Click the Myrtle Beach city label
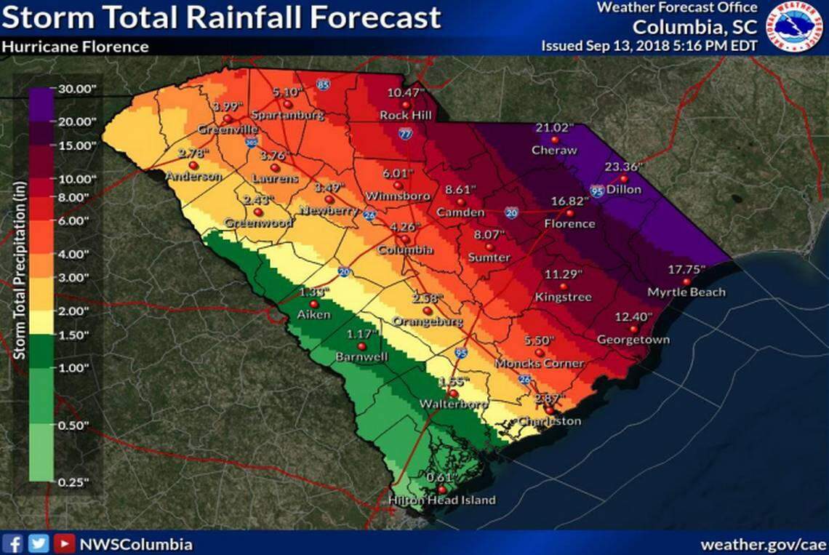(686, 292)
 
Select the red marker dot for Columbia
(405, 239)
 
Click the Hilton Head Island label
(441, 500)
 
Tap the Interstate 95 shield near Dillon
(597, 191)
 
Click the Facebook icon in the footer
(15, 543)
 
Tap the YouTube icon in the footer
(65, 543)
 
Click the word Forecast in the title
(371, 17)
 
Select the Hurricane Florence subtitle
(75, 47)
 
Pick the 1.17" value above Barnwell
(361, 335)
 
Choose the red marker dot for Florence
(570, 213)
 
